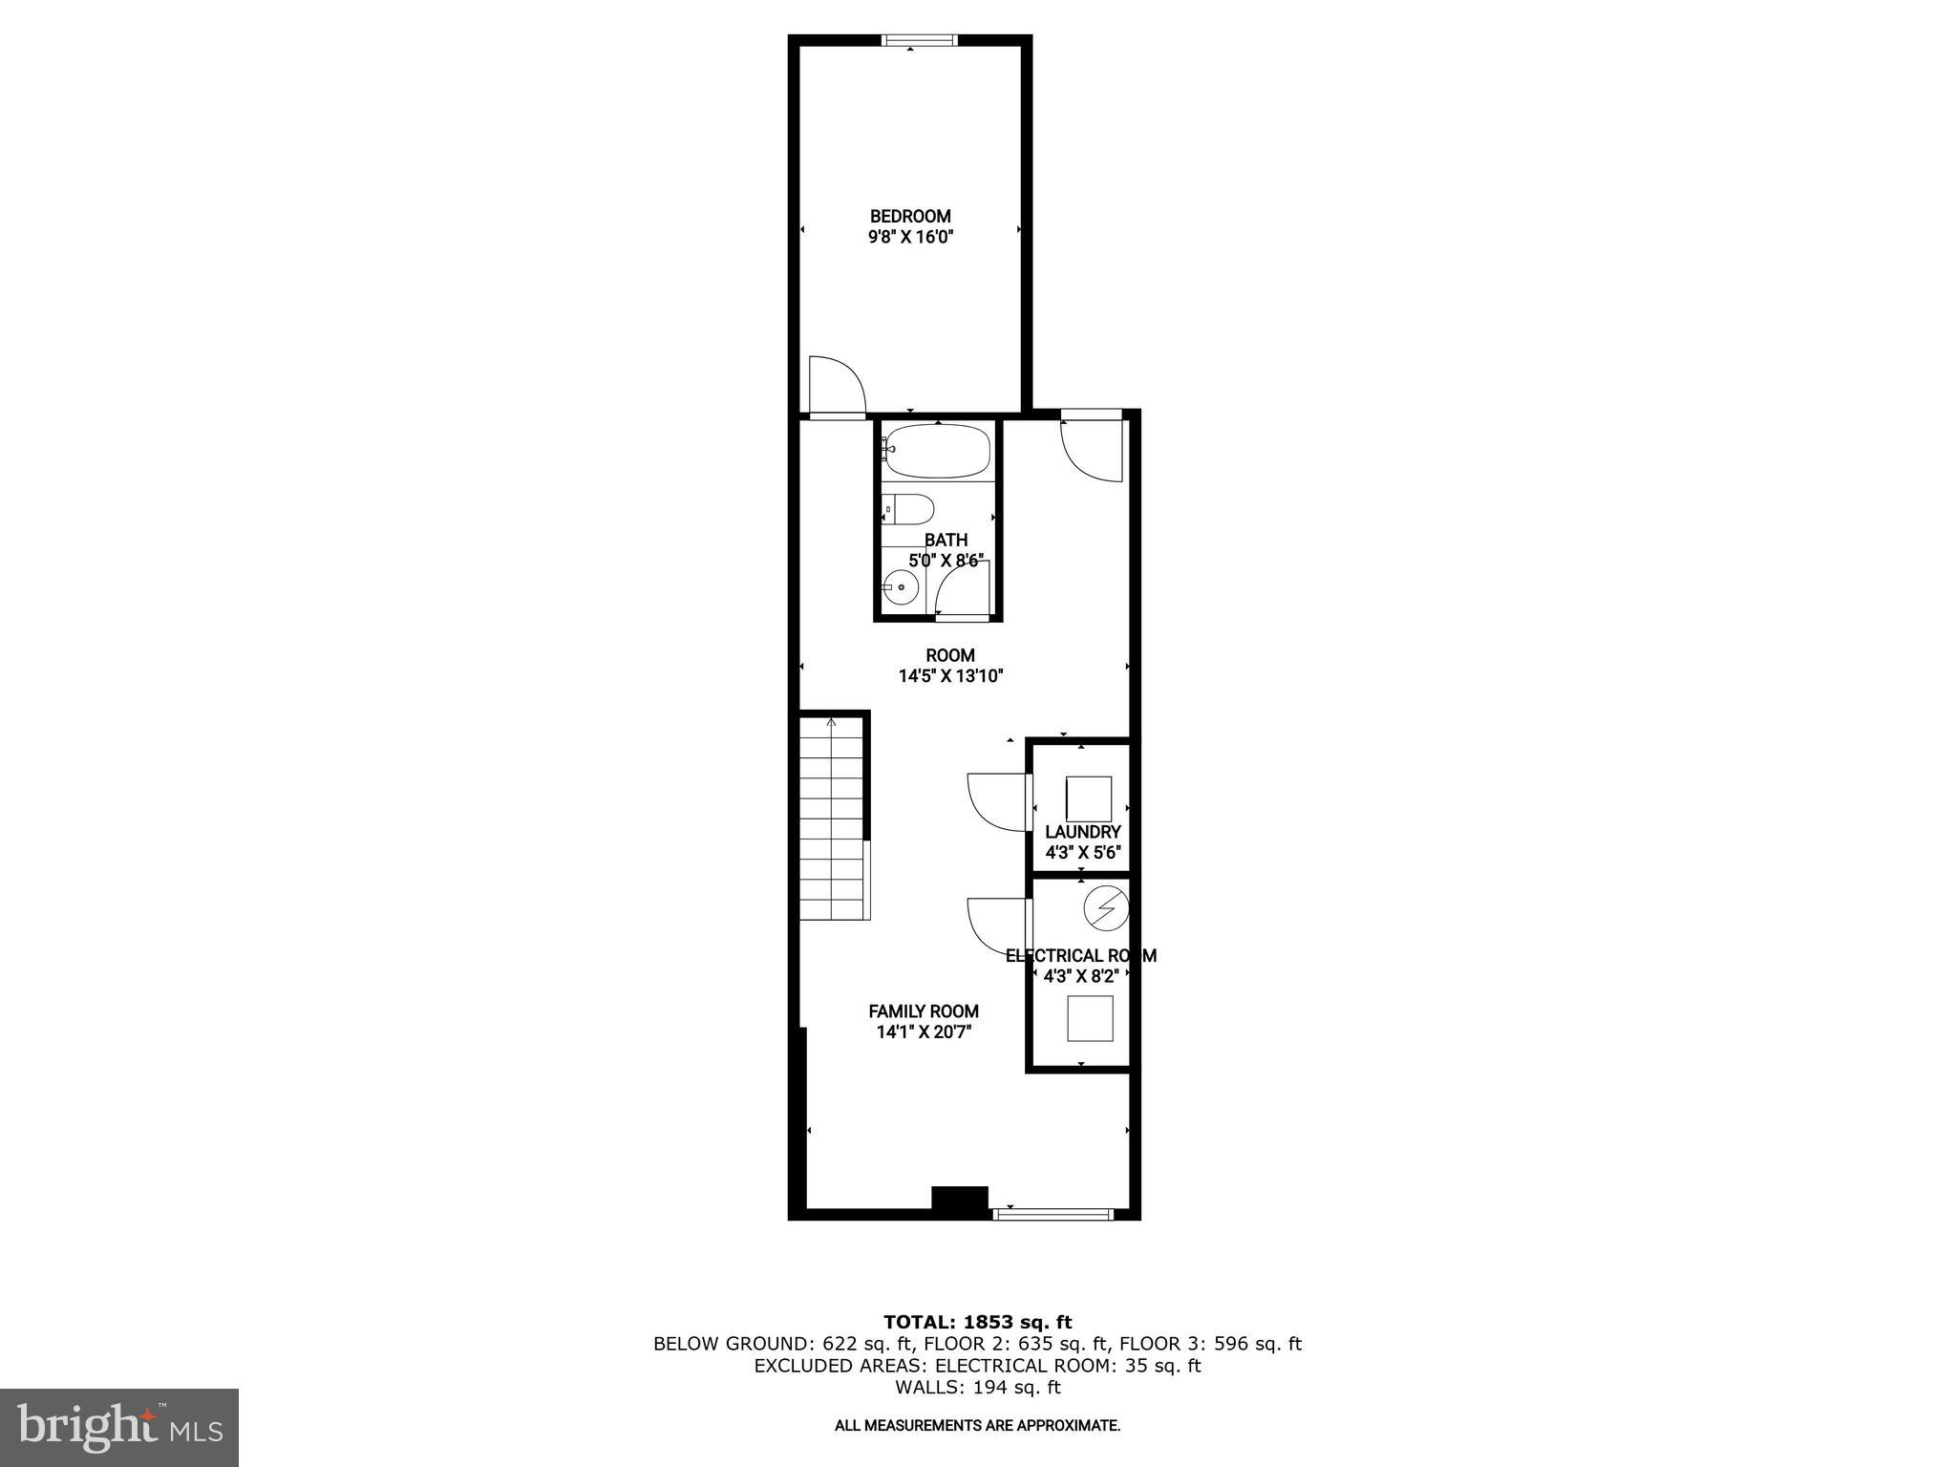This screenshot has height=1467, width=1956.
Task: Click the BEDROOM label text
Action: (910, 217)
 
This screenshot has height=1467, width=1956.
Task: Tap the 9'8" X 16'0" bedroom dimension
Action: (910, 238)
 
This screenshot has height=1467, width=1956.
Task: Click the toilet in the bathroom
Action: (907, 511)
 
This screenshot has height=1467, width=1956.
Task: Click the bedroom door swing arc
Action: (840, 384)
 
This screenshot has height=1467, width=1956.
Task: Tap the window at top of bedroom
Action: (919, 40)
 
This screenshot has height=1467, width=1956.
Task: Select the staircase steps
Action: (833, 821)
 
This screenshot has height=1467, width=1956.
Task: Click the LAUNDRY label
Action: (1082, 832)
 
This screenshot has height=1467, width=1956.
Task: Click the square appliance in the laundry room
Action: (1088, 799)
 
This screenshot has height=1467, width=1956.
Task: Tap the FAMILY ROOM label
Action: (924, 1011)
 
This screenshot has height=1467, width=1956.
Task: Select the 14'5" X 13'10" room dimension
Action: (950, 676)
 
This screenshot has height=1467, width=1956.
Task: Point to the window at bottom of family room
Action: (1052, 1214)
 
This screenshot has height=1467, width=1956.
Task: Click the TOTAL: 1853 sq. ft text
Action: (977, 1323)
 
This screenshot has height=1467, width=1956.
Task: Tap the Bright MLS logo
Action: (119, 1427)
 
